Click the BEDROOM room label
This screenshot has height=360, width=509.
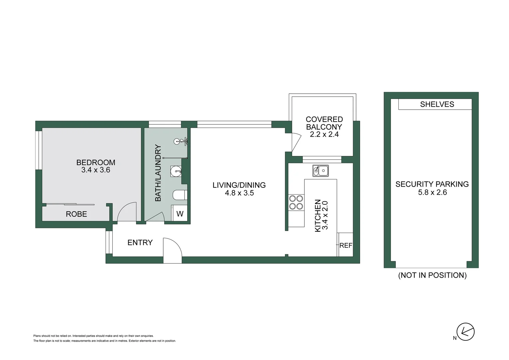pyautogui.click(x=96, y=162)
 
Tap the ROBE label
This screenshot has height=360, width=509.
pyautogui.click(x=76, y=214)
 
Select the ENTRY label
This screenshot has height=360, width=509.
pyautogui.click(x=140, y=242)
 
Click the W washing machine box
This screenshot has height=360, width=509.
pyautogui.click(x=180, y=214)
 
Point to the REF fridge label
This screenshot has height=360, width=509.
pyautogui.click(x=346, y=245)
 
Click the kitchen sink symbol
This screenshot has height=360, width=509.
pyautogui.click(x=320, y=171)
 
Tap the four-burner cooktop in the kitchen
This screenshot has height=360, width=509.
pyautogui.click(x=296, y=202)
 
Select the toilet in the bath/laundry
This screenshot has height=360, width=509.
pyautogui.click(x=180, y=195)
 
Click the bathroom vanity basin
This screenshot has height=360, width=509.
pyautogui.click(x=176, y=172)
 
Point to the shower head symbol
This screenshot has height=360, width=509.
pyautogui.click(x=178, y=141)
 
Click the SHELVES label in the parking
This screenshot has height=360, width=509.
pyautogui.click(x=437, y=104)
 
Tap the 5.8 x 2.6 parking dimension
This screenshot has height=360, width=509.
pyautogui.click(x=432, y=192)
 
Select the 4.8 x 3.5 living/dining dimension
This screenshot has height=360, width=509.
pyautogui.click(x=239, y=193)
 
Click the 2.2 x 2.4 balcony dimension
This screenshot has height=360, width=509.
pyautogui.click(x=324, y=134)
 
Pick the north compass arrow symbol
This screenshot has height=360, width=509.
pyautogui.click(x=465, y=332)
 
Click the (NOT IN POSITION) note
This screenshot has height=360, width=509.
pyautogui.click(x=432, y=275)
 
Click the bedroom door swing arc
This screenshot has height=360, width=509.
pyautogui.click(x=127, y=212)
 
